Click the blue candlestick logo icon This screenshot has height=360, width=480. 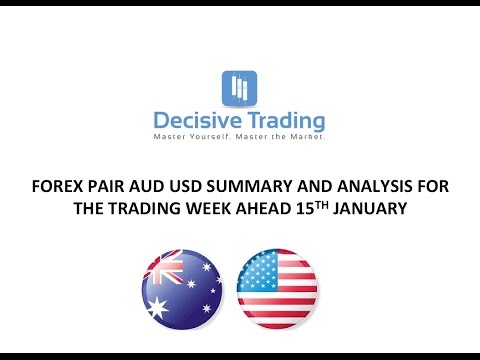[x=238, y=87]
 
